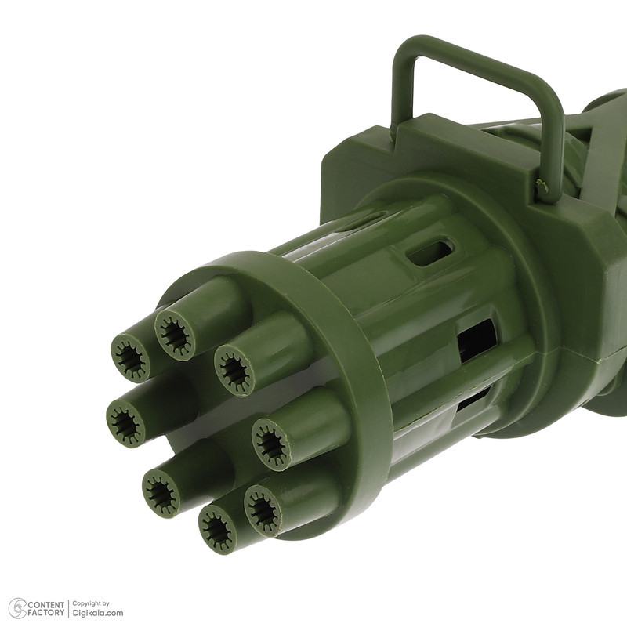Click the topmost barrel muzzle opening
[175, 334]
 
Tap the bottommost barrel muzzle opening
[218, 528]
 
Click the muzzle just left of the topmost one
[130, 357]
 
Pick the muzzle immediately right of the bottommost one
[263, 511]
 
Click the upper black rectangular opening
[477, 340]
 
